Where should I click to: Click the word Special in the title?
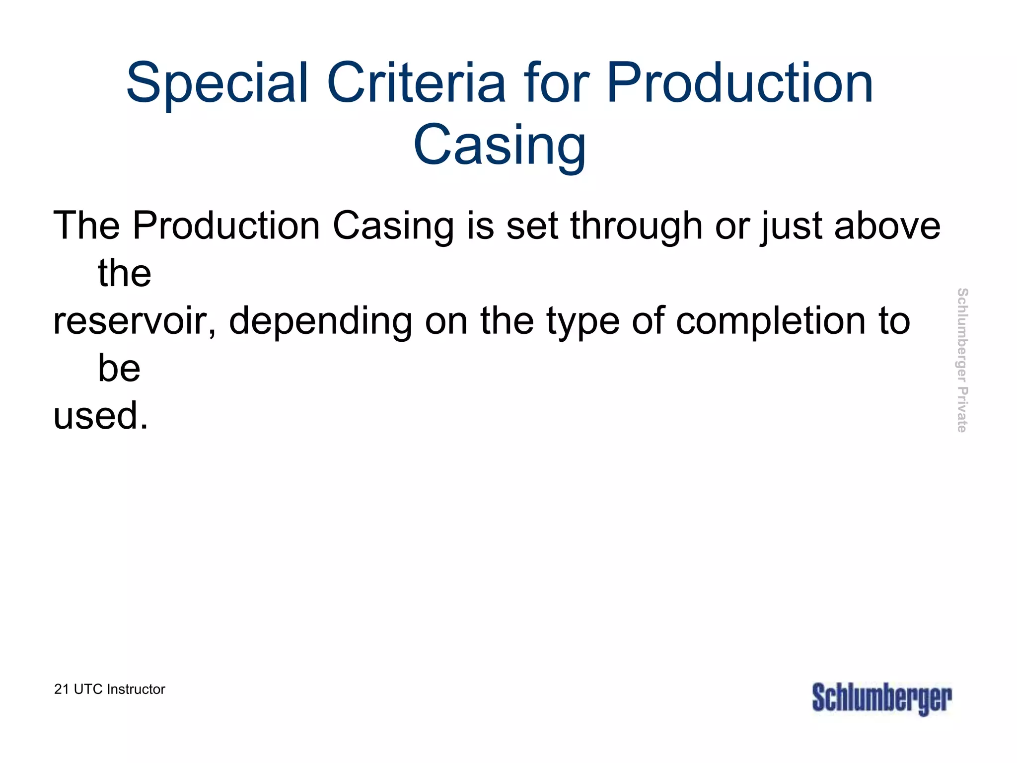tap(217, 83)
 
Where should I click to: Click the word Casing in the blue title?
tap(500, 145)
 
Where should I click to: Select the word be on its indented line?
tap(119, 368)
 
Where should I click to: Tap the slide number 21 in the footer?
tap(62, 689)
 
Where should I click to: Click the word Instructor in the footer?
tap(136, 689)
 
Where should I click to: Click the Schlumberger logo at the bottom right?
tap(881, 698)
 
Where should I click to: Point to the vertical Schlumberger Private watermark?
tap(962, 360)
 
